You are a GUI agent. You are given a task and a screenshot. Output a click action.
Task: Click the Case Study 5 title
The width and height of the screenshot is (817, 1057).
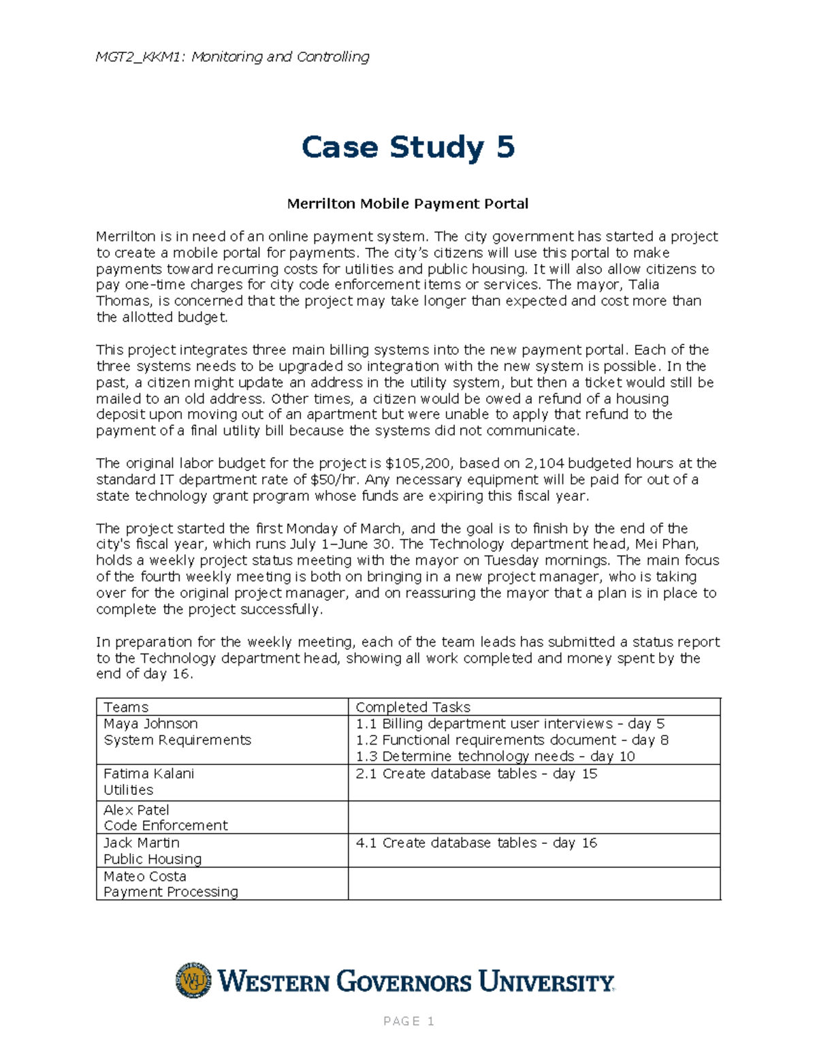pos(408,148)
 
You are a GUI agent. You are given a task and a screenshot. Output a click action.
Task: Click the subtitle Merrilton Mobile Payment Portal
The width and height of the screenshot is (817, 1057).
pos(408,204)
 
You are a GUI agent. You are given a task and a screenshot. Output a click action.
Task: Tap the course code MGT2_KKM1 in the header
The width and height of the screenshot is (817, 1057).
pos(139,56)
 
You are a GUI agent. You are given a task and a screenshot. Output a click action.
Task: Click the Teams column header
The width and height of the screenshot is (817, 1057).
pos(126,707)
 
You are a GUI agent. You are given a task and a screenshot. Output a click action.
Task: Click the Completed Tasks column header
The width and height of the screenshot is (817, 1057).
pos(413,707)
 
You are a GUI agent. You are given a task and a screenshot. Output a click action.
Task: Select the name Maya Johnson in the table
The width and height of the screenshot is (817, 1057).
pos(150,723)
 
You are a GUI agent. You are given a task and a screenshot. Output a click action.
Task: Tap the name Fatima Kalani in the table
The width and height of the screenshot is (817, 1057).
pos(148,774)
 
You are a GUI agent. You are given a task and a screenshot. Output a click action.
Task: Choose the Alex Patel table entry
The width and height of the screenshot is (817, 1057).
pos(136,810)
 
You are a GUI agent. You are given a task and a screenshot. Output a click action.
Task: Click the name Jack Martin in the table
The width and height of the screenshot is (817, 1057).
pos(141,843)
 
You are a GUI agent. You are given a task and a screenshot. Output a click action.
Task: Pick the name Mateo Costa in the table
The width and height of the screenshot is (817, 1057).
pos(144,876)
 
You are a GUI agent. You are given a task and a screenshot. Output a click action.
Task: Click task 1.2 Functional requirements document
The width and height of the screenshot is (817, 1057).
pos(511,740)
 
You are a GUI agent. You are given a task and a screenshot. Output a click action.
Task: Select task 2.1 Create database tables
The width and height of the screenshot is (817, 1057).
pos(476,774)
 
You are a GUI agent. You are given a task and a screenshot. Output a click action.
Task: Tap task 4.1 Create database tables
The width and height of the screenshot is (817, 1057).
pos(476,843)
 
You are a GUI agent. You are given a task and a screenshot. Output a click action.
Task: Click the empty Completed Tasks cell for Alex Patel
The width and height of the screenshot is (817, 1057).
pos(534,817)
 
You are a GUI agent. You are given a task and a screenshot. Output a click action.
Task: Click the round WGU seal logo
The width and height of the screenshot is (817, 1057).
pos(193,981)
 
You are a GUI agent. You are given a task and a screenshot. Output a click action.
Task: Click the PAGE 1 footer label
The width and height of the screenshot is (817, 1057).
pos(408,1021)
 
